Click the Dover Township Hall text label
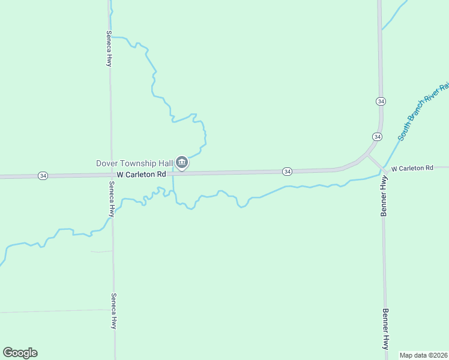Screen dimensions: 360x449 (x=135, y=163)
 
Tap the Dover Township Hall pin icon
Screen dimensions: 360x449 (x=182, y=163)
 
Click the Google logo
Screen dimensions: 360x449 (x=20, y=353)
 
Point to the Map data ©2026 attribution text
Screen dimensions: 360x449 (x=423, y=355)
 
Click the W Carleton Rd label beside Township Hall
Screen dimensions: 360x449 (x=141, y=175)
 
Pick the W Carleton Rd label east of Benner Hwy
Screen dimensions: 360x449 (x=412, y=169)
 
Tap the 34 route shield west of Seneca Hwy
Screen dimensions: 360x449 (x=43, y=176)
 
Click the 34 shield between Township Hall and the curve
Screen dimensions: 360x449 (x=288, y=172)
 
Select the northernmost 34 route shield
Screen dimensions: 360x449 (x=380, y=101)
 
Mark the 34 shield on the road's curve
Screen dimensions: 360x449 (x=376, y=137)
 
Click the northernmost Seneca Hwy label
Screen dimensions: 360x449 (x=109, y=48)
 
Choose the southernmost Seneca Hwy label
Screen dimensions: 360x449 (x=113, y=310)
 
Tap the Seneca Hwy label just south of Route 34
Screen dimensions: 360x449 (x=112, y=199)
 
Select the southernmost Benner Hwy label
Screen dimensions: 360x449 (x=386, y=329)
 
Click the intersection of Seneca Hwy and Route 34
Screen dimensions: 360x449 (x=111, y=175)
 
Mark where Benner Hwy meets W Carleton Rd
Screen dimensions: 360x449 (x=383, y=169)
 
